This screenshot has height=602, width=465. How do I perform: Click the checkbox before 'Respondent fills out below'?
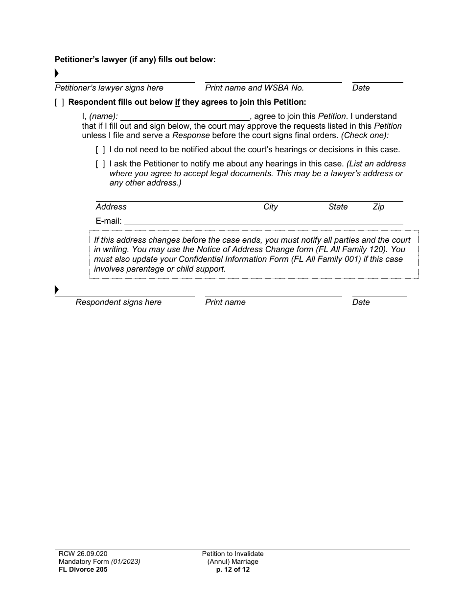click(x=59, y=102)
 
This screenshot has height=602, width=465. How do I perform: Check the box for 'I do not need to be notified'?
click(x=100, y=150)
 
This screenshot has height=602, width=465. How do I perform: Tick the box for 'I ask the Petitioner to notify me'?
click(x=100, y=164)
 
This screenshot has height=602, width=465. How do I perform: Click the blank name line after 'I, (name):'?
click(x=185, y=117)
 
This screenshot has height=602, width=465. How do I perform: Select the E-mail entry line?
click(x=264, y=221)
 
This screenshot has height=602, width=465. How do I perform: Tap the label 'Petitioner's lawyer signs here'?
click(x=109, y=88)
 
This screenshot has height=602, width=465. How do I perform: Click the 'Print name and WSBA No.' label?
click(x=255, y=88)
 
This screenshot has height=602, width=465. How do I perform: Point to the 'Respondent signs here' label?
click(x=118, y=302)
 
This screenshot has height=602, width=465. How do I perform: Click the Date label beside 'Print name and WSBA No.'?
click(x=361, y=88)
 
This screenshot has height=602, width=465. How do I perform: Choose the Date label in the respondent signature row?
click(x=361, y=302)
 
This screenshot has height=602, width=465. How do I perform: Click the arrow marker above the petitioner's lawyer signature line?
click(x=57, y=74)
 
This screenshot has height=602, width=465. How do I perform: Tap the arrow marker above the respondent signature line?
click(x=57, y=290)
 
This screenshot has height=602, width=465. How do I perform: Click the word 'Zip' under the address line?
click(x=378, y=207)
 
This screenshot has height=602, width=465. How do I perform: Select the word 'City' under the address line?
click(x=270, y=207)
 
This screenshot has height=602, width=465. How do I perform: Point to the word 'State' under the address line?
click(x=338, y=207)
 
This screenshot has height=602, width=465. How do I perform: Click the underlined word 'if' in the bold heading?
click(x=178, y=102)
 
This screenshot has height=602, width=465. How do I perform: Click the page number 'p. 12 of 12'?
click(x=232, y=569)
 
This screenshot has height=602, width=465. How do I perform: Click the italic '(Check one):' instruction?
click(x=365, y=136)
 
